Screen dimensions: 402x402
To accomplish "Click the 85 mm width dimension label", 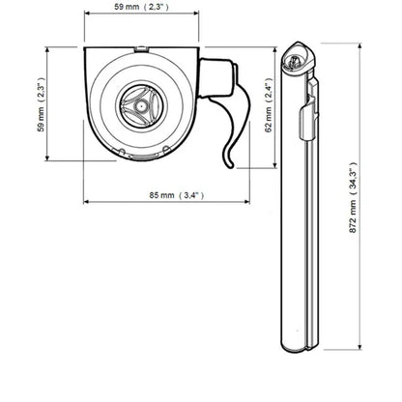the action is [x=176, y=195].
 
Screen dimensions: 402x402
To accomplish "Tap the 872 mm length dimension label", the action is [x=354, y=198].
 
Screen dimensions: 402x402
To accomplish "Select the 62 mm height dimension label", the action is [x=269, y=105].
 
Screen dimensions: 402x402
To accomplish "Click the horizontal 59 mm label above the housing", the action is [x=141, y=7].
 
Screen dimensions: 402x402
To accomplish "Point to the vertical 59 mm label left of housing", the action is [x=41, y=104].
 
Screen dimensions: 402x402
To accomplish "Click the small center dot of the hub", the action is [x=140, y=105].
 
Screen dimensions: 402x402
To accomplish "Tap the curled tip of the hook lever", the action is [x=229, y=164].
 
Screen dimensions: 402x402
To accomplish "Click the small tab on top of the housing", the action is [x=141, y=48].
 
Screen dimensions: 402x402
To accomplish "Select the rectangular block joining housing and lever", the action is [x=215, y=77].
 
